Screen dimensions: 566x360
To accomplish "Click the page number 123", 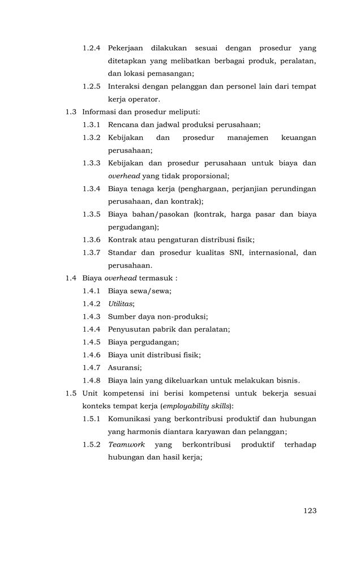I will click(310, 511).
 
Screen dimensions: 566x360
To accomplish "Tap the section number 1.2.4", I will click(92, 48).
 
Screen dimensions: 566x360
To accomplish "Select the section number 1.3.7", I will click(92, 252).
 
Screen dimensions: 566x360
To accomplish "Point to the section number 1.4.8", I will click(92, 380).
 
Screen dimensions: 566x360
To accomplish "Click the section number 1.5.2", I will click(92, 445).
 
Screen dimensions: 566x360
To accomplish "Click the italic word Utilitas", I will click(121, 304).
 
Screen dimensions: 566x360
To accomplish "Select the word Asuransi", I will click(124, 367).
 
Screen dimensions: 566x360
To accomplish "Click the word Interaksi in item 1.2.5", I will click(126, 87).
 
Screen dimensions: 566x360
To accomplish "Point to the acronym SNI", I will click(243, 252).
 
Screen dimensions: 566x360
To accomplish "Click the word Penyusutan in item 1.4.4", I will click(131, 329).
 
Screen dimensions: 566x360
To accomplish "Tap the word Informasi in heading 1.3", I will click(100, 112).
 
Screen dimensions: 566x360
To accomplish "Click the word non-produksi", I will click(182, 316).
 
